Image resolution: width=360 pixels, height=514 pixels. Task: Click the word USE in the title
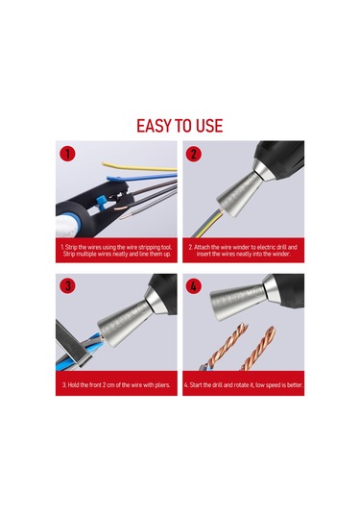(208, 126)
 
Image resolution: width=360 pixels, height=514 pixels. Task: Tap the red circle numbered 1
(66, 154)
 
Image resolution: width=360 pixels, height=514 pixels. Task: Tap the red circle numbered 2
(194, 154)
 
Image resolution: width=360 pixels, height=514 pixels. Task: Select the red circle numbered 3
(66, 285)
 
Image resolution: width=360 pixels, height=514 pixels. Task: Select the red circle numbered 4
(194, 285)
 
